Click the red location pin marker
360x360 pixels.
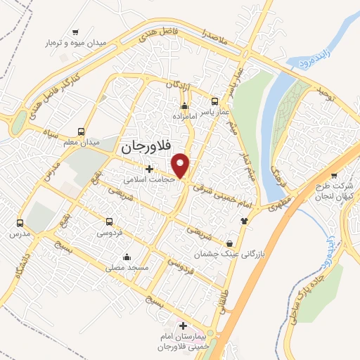coord(181,165)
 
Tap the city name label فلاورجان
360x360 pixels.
coord(146,148)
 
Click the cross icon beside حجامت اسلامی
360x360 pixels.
coord(148,169)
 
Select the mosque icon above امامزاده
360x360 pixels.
coord(185,106)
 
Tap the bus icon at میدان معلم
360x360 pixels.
coord(81,131)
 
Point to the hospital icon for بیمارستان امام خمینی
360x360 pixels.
coord(184,326)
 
